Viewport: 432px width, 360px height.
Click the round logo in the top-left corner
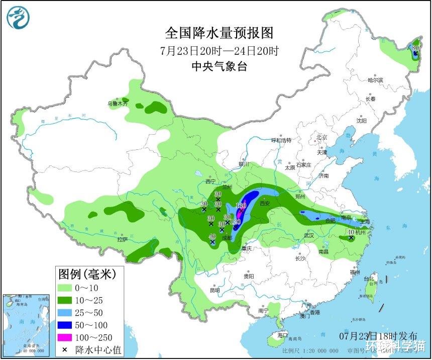18,18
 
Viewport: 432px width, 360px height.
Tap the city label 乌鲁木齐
118,104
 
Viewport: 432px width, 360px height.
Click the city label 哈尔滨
375,80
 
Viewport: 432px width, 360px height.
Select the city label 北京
321,137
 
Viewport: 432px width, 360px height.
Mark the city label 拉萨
122,240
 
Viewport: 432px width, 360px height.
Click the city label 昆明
214,290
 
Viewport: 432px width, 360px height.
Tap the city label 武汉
308,235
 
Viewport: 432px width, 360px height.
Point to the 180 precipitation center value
240,206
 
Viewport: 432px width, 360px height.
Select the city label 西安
265,204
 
